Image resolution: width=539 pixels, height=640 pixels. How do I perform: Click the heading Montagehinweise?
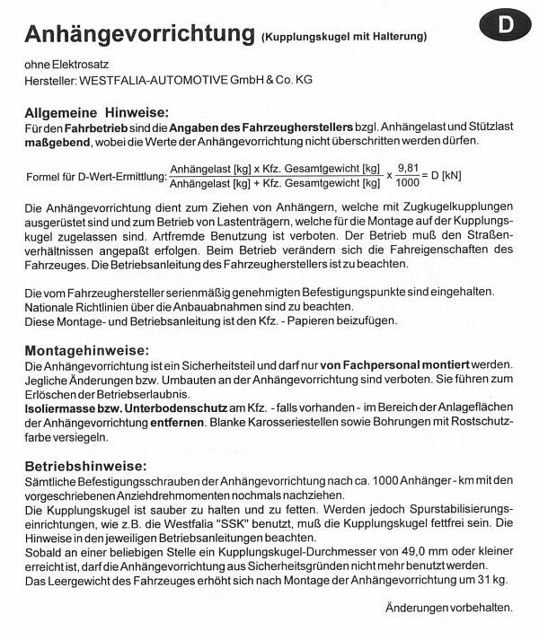[x=86, y=349]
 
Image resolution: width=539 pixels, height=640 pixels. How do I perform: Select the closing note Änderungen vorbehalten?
[x=448, y=608]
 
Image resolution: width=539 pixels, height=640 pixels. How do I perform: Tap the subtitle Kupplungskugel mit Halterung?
[x=344, y=37]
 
